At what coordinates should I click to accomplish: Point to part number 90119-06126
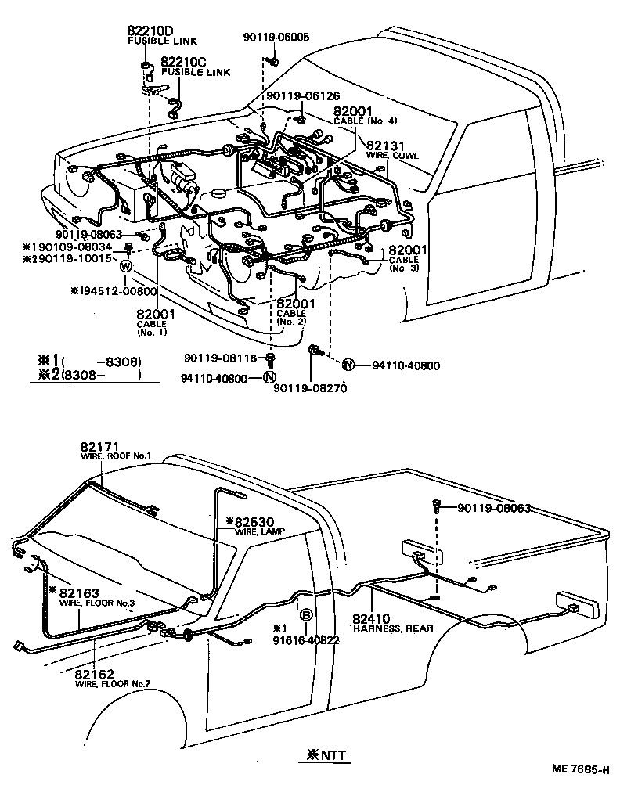(x=303, y=95)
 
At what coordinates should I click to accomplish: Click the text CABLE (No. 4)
(x=365, y=121)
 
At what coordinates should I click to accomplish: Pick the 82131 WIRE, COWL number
(x=386, y=146)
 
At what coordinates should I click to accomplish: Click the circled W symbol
(x=125, y=267)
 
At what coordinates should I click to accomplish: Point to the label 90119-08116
(x=221, y=358)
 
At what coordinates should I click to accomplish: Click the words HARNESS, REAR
(x=387, y=628)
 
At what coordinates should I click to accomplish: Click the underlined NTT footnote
(x=323, y=756)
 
